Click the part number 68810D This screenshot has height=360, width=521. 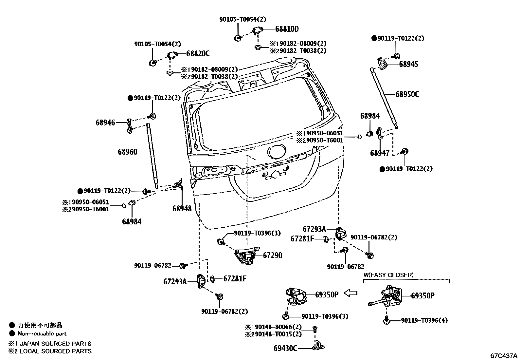coord(287,29)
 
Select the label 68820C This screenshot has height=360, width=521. coord(198,54)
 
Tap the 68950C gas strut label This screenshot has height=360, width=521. coord(407,94)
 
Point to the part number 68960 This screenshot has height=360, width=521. coord(128,152)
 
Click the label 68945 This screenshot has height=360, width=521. coord(408,64)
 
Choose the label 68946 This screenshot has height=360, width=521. coord(105,123)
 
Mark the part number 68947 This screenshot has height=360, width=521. coord(380,153)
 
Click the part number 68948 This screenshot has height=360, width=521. coord(182,208)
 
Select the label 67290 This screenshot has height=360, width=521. coord(272,256)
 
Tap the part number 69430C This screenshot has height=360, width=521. coord(285,348)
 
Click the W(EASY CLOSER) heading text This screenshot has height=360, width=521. coord(388,275)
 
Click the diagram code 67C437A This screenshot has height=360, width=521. coord(504,356)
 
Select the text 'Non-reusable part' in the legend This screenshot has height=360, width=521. coord(42,334)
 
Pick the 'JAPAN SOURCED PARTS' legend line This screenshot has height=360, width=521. coord(50,344)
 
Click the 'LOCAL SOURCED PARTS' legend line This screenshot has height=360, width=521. coord(50,351)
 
